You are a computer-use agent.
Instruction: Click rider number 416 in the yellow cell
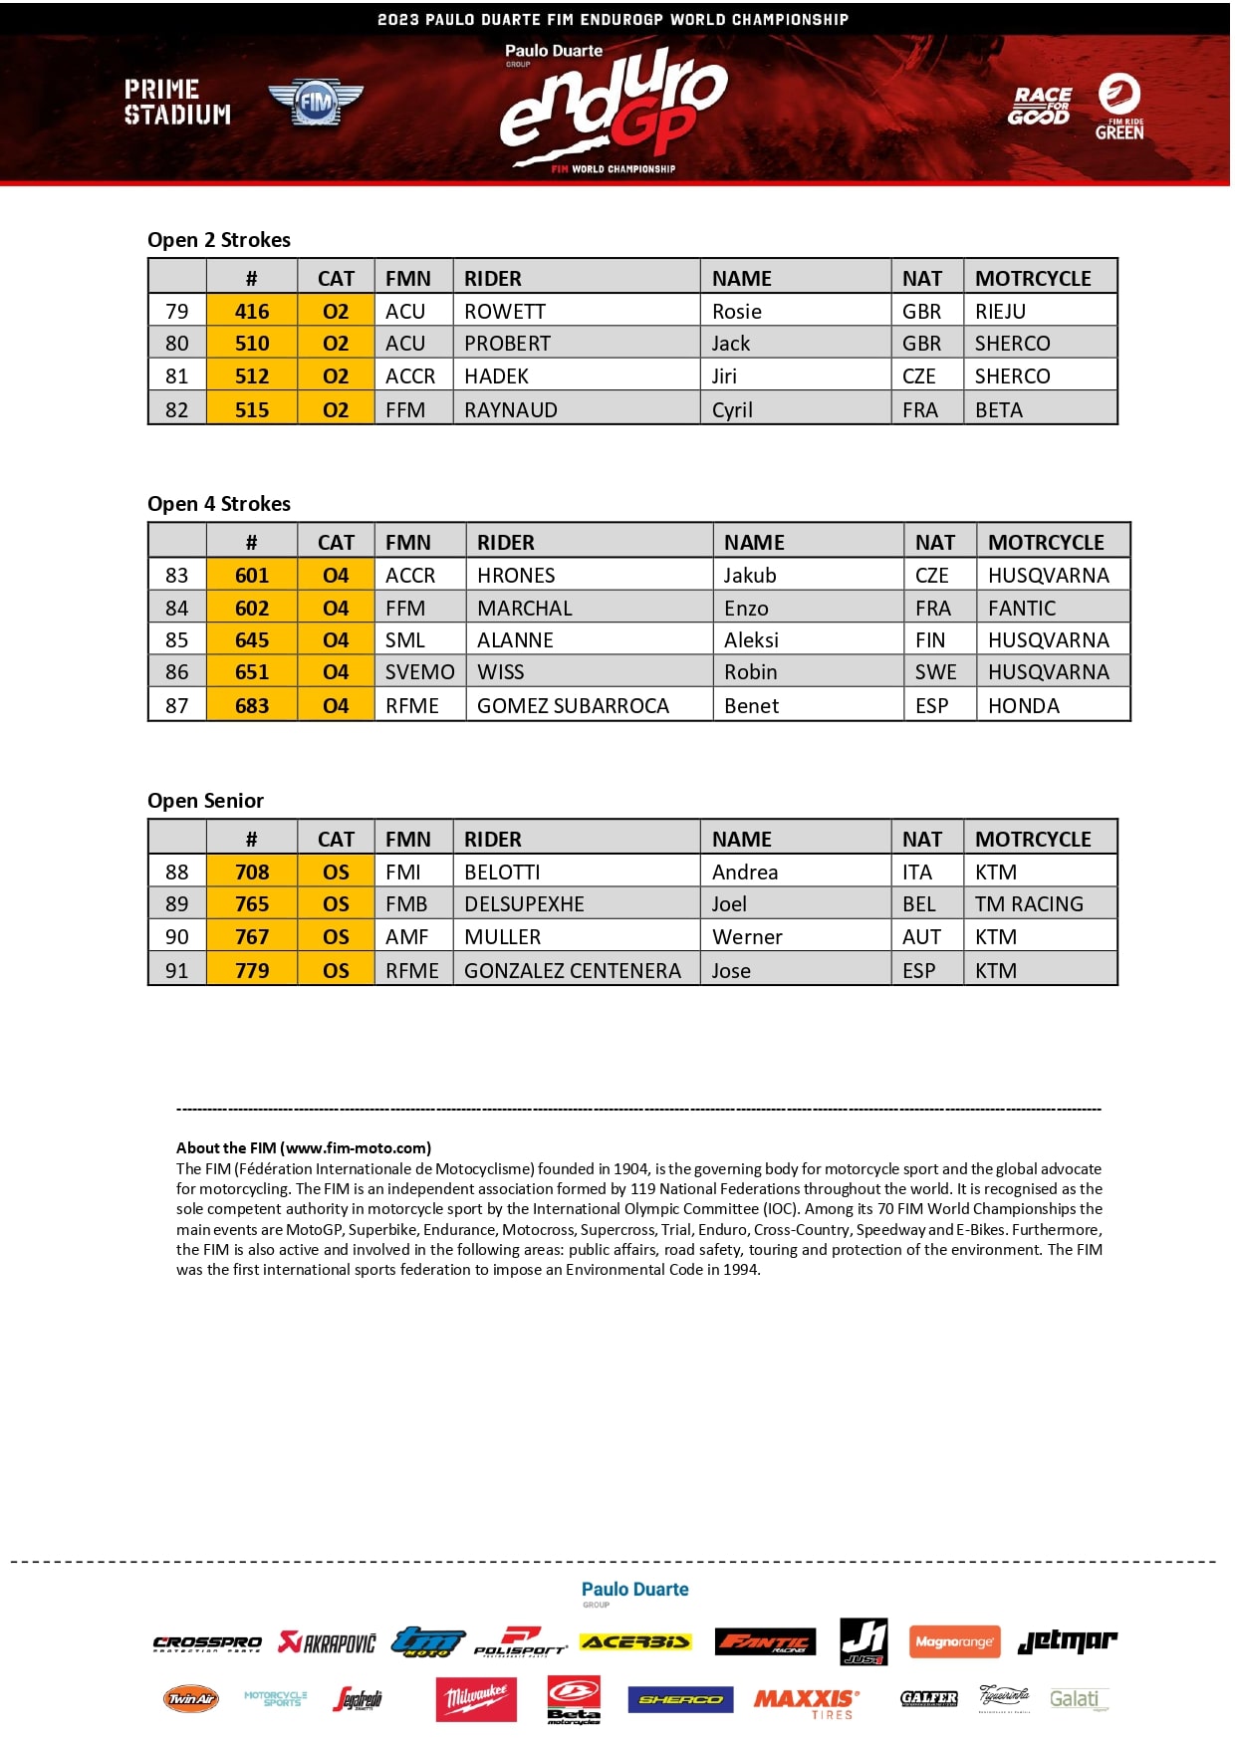pos(252,312)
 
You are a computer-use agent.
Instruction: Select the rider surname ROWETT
pos(504,312)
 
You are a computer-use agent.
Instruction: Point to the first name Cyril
pos(732,410)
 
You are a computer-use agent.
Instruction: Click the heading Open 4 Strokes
pos(219,504)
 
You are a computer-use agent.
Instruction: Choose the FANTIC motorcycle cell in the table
pos(1022,609)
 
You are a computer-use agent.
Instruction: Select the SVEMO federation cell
pos(419,672)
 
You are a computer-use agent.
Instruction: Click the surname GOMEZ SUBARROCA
pos(573,706)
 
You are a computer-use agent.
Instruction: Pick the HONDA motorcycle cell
pos(1024,706)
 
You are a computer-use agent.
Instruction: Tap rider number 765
pos(252,904)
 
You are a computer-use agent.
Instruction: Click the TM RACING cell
pos(1029,904)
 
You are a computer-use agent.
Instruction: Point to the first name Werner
pos(747,937)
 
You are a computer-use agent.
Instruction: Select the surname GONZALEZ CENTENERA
pos(573,971)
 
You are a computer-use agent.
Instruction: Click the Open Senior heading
pos(205,801)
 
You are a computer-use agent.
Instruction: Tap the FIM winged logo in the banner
pos(316,102)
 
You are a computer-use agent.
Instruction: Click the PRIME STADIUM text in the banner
pos(177,103)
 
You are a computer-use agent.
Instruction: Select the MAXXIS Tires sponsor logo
pos(806,1702)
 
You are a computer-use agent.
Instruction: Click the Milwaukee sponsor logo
pos(476,1698)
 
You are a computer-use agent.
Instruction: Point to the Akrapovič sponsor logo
pos(328,1642)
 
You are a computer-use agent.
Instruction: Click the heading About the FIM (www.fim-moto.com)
pos(304,1147)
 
